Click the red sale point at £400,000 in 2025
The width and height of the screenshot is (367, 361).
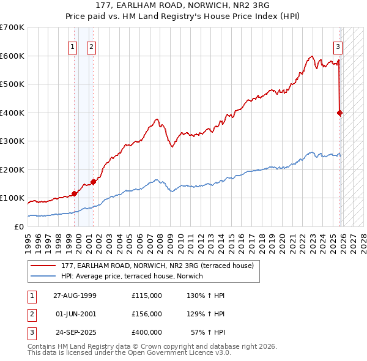coord(340,113)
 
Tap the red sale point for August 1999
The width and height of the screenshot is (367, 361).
coord(74,193)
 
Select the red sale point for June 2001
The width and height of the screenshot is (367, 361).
coord(93,182)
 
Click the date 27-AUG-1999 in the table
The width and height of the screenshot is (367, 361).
coord(75,296)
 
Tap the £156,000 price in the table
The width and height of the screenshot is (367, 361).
coord(147,314)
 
